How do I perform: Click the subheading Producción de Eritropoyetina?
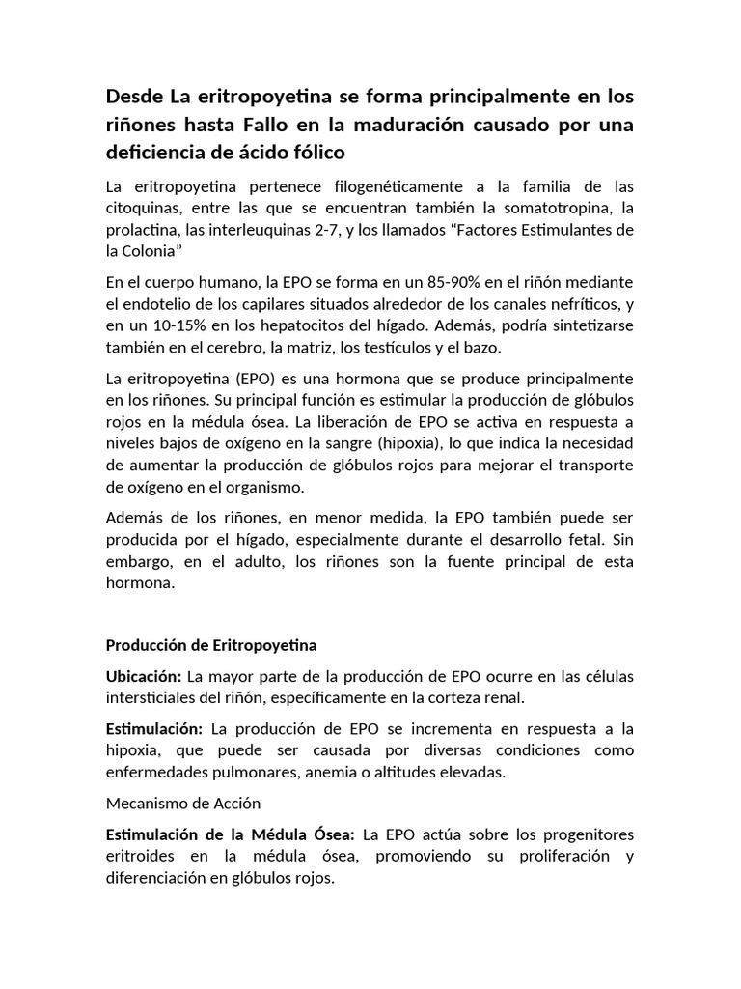(211, 644)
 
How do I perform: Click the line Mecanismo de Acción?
(183, 804)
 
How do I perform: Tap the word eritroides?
(140, 857)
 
